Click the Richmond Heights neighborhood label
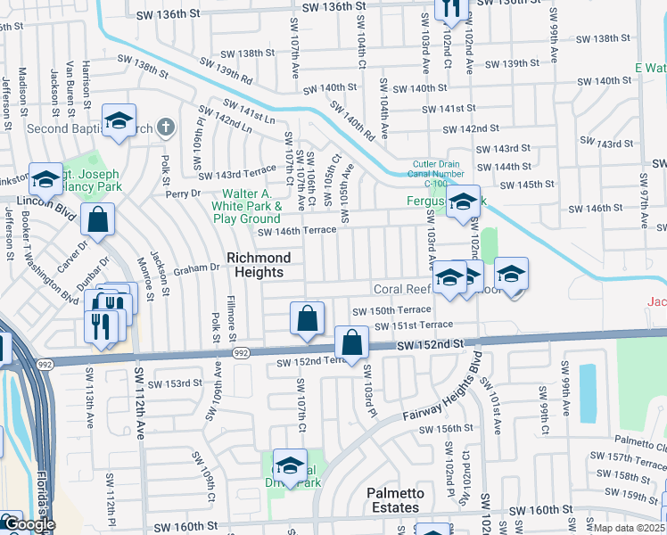(x=259, y=265)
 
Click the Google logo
(x=29, y=524)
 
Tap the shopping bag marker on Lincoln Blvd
(x=98, y=220)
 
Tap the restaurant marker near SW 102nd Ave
(x=452, y=9)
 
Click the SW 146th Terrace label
(x=298, y=231)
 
